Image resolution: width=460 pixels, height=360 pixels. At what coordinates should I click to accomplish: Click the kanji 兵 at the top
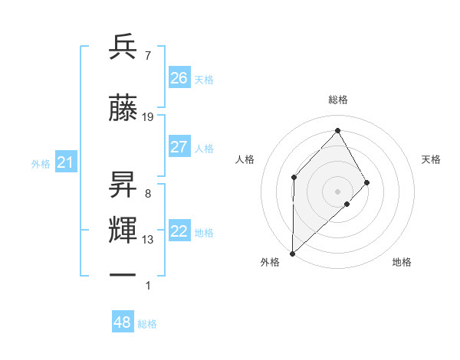123,47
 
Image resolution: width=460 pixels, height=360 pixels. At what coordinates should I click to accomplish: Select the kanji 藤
123,110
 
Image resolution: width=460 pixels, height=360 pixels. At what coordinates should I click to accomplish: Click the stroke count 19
148,117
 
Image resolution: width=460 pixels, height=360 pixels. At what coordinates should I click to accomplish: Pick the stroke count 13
148,240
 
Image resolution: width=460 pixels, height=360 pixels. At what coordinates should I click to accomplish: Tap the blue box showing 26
179,78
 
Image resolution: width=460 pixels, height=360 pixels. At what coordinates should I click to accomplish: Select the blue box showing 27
179,147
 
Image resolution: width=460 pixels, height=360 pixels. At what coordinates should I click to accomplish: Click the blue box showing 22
179,232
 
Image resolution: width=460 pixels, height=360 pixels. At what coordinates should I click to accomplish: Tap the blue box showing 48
122,323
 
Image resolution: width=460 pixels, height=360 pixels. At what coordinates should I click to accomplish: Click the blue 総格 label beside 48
147,325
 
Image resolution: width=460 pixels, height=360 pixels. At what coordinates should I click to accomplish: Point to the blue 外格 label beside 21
41,163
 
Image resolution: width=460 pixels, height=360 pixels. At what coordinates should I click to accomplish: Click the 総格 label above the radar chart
338,100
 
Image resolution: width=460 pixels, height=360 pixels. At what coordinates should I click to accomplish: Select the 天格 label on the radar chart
432,159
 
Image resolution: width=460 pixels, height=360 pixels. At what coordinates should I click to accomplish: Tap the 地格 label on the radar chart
402,262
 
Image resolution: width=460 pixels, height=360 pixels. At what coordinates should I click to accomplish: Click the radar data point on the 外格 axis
292,253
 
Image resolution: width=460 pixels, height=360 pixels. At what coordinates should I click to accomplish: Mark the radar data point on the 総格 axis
337,129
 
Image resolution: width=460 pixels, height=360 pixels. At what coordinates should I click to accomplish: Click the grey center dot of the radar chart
337,191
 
